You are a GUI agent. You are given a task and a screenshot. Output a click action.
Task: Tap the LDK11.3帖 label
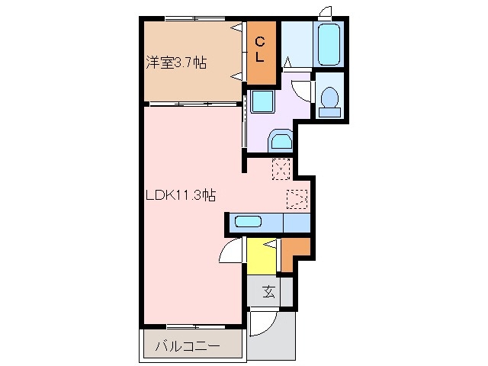coord(181,195)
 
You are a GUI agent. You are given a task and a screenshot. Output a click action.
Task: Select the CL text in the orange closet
coord(260,49)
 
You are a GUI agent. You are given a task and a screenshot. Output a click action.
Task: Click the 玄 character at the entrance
coord(269,291)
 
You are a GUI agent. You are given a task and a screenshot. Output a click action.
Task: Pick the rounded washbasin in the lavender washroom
coord(280,140)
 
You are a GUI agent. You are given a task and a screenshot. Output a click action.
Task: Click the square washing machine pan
coord(262,100)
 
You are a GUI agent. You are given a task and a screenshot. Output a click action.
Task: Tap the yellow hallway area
coord(262,256)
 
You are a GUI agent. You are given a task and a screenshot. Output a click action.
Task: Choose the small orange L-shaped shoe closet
coord(296,252)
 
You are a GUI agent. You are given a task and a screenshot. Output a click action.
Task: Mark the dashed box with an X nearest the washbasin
coord(281,167)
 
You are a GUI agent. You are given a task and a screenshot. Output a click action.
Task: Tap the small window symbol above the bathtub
coord(326,11)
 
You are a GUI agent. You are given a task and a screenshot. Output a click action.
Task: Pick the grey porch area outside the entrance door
coord(274,335)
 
